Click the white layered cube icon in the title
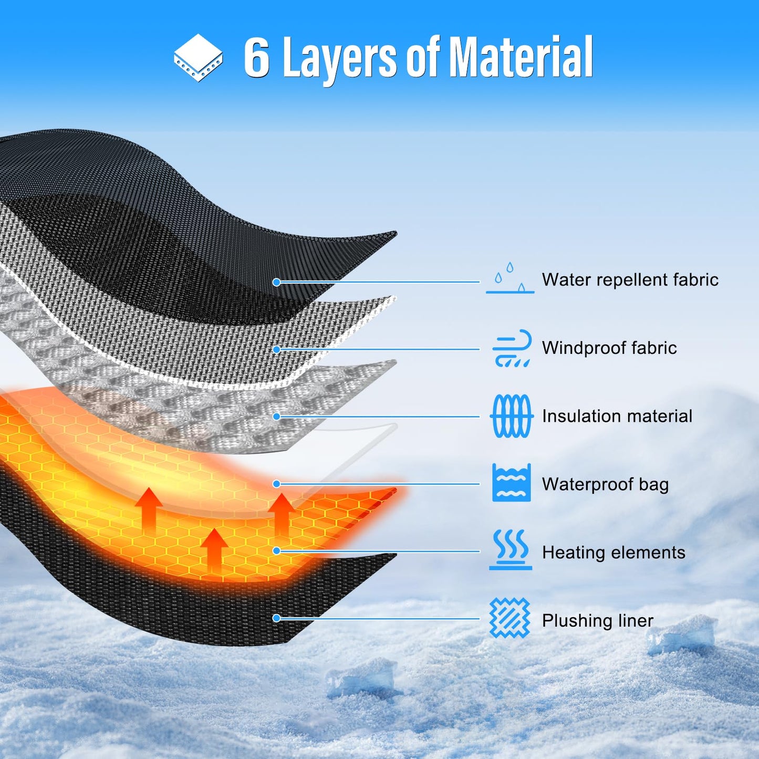198,57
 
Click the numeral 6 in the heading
257,57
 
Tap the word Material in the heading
521,57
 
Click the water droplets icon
510,278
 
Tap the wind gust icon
512,348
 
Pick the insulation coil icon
511,416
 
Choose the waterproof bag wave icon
511,483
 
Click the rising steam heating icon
511,550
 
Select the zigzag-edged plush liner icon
510,618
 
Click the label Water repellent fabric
630,279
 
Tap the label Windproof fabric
609,348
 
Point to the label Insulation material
617,416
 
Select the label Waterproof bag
606,484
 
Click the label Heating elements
614,552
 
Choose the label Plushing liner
598,621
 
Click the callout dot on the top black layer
276,282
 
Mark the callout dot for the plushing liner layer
276,618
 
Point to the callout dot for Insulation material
276,417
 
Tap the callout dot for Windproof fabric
276,349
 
